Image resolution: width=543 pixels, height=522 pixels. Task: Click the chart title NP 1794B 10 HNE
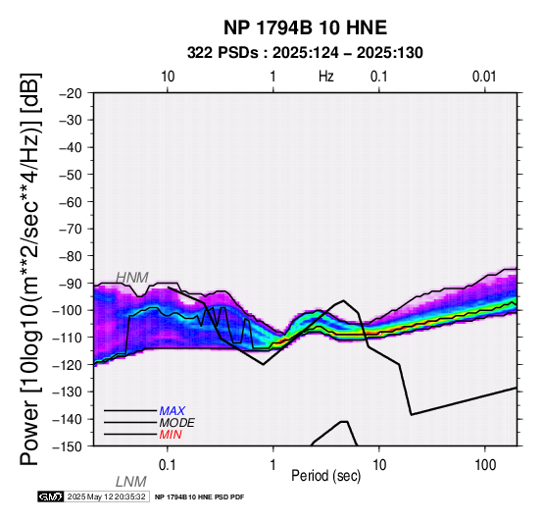tap(305, 27)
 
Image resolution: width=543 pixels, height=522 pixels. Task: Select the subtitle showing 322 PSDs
tap(305, 53)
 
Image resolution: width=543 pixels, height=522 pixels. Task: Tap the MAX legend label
tap(173, 411)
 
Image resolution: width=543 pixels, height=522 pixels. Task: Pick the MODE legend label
tap(177, 423)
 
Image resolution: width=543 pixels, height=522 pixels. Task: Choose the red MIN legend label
tap(171, 435)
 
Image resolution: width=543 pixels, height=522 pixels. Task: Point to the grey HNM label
tap(132, 278)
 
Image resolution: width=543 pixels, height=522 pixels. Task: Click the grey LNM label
tap(131, 482)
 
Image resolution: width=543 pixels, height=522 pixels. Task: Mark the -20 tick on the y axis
tap(71, 93)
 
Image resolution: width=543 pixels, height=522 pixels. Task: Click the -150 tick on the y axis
tap(68, 446)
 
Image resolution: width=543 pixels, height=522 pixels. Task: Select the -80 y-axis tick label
tap(71, 256)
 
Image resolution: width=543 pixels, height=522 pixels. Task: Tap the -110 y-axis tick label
tap(68, 338)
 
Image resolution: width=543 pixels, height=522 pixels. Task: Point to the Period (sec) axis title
tap(326, 476)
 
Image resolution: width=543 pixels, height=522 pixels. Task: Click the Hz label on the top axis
tap(326, 77)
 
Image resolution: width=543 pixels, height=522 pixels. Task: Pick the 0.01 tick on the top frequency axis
tap(484, 77)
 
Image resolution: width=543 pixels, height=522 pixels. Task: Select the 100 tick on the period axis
tap(485, 465)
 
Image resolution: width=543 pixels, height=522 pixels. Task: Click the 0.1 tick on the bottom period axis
tap(168, 465)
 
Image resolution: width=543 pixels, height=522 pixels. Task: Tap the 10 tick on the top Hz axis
tap(168, 77)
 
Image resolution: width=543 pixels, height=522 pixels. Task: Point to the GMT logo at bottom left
tap(50, 497)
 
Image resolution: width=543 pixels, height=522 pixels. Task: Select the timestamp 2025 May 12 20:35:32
tap(106, 497)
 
